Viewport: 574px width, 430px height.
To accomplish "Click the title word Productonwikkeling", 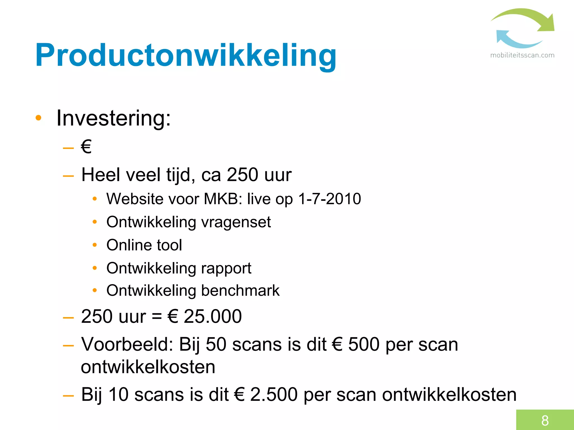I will click(186, 55).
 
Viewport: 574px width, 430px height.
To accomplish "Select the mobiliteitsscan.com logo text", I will click(522, 55).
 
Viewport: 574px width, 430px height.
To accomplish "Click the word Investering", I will click(113, 118).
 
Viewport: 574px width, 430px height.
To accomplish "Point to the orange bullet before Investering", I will click(38, 118).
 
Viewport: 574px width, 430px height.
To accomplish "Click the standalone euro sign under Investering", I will click(86, 147).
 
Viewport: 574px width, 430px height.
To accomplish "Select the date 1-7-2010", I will click(329, 199).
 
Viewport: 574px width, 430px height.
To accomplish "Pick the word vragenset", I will click(236, 222).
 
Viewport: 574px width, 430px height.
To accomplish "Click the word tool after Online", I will click(169, 245).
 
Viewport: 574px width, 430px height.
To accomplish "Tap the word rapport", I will click(226, 268).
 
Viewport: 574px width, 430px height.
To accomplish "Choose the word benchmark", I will click(240, 291).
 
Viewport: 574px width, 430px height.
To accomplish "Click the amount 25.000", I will click(212, 317).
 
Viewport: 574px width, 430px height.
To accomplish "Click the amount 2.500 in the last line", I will click(273, 394).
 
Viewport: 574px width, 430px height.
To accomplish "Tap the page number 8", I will click(545, 420).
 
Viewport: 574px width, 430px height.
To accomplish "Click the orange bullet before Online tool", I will click(95, 245).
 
